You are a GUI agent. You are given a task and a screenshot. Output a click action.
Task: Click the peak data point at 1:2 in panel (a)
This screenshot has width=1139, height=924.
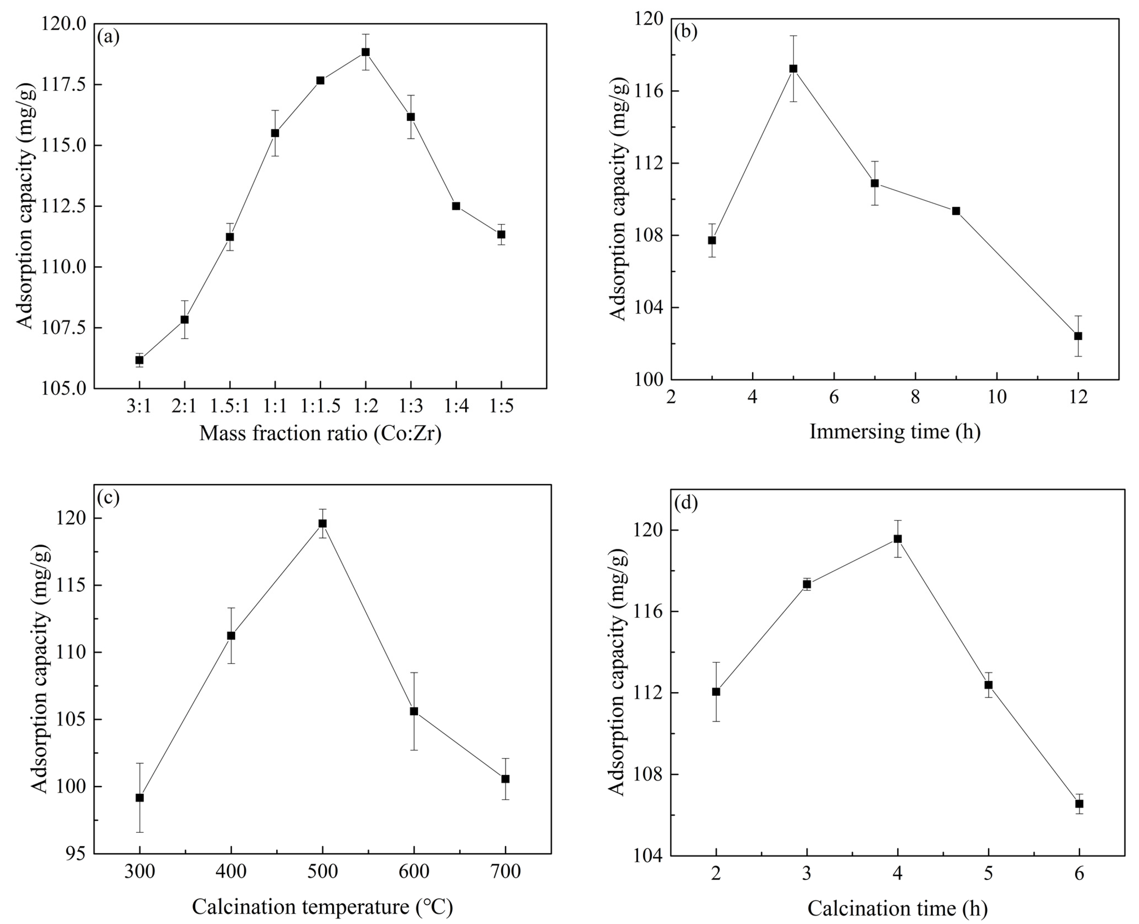366,52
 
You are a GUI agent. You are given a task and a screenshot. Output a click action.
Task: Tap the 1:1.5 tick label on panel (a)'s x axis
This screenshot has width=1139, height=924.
320,406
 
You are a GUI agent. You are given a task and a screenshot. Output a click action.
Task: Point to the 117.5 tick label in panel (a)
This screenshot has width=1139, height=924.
65,85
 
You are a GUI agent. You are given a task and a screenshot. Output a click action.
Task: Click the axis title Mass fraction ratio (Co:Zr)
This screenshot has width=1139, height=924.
320,434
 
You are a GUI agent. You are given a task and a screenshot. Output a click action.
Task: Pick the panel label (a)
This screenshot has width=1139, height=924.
109,37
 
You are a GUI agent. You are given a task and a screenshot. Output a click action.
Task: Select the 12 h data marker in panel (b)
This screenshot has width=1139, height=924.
1078,336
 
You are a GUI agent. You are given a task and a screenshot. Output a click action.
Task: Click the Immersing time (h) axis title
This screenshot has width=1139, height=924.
895,432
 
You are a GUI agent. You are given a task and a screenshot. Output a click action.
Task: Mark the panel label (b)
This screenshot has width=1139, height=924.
686,32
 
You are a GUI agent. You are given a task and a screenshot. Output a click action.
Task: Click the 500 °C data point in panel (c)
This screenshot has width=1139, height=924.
322,523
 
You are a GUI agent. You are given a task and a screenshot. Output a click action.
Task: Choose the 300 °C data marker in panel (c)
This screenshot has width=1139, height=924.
139,797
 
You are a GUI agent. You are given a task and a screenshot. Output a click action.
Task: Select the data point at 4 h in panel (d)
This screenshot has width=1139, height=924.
897,539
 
